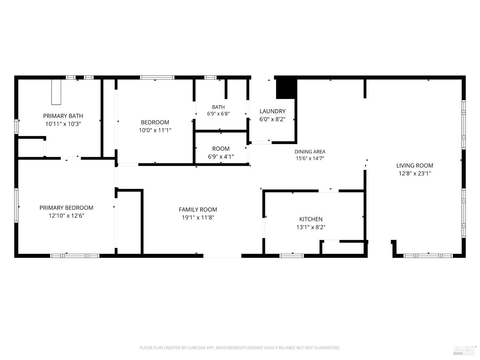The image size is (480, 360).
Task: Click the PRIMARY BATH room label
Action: point(63,116)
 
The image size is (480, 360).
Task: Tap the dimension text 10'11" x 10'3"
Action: point(63,124)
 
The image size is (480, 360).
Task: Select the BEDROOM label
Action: point(155,122)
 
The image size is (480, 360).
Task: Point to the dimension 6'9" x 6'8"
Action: point(218,114)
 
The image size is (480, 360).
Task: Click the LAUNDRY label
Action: point(272,111)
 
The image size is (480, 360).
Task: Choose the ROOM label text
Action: point(221,148)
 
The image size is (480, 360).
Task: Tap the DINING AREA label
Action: point(310,152)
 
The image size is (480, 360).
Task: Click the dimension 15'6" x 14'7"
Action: point(310,158)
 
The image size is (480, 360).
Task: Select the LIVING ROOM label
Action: point(415,165)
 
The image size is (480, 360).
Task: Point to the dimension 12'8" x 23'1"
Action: point(415,173)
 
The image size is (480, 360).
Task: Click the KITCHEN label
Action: point(311,219)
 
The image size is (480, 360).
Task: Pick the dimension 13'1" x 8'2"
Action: point(311,227)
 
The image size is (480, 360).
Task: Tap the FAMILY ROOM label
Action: point(198,209)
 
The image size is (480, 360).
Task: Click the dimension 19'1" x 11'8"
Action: point(198,218)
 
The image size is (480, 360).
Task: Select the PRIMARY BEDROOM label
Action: point(66,208)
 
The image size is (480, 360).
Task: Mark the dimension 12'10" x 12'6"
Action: point(66,216)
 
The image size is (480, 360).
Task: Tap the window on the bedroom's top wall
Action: point(157,77)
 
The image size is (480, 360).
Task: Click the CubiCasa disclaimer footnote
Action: point(240,348)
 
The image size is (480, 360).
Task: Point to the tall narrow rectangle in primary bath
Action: point(56,92)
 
